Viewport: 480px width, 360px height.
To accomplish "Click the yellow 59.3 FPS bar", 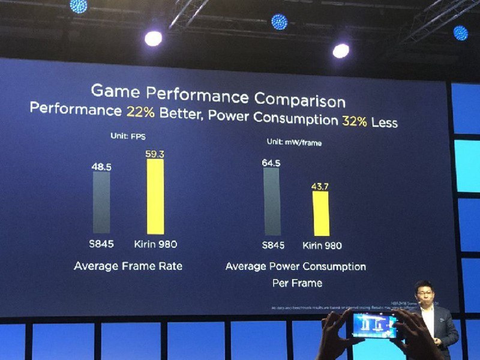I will (155, 197).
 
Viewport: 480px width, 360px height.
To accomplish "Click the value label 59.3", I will (155, 154).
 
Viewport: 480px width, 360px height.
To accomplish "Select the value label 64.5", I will (272, 162).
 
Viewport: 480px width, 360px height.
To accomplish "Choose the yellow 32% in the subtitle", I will (354, 121).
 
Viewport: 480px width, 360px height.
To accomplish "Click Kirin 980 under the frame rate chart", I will (157, 244).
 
